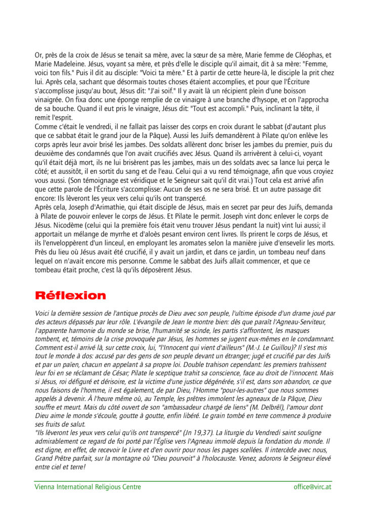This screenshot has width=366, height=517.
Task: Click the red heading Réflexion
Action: (x=70, y=295)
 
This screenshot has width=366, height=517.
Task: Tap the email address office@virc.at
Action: (x=312, y=487)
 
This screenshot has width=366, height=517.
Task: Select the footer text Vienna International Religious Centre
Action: (x=87, y=487)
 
